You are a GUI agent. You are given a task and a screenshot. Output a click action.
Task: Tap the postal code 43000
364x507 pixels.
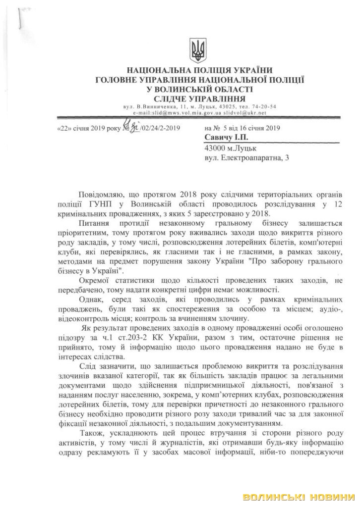tap(215, 147)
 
